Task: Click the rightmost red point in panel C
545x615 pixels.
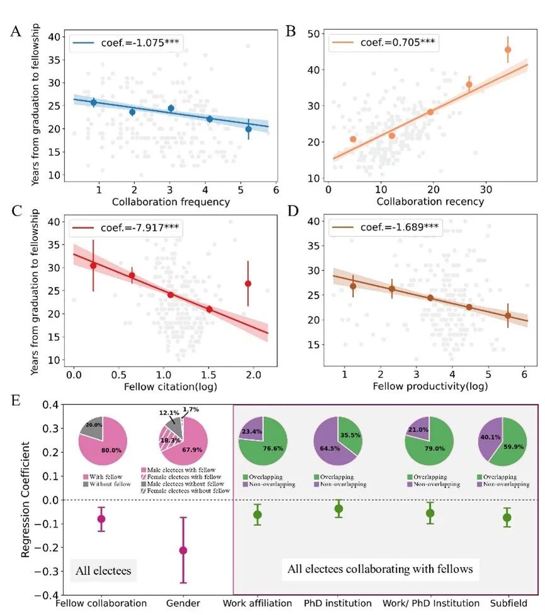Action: pyautogui.click(x=248, y=283)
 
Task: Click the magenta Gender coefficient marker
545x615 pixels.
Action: pyautogui.click(x=183, y=550)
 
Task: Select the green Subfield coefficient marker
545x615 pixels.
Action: pyautogui.click(x=507, y=518)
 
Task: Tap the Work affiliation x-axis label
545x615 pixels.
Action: pyautogui.click(x=257, y=603)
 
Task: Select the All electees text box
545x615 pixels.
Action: pyautogui.click(x=103, y=571)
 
